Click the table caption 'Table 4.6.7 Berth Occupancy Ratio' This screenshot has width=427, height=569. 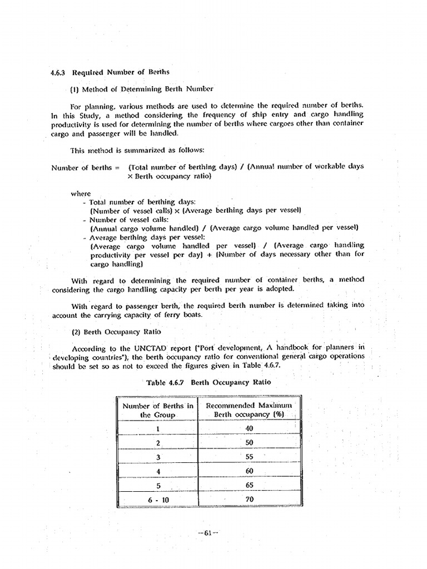(x=208, y=382)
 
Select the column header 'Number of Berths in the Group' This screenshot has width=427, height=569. (x=158, y=410)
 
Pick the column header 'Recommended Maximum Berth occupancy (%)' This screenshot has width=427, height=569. (x=249, y=410)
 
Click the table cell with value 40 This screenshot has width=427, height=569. (x=249, y=428)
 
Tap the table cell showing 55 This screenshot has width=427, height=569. (x=249, y=456)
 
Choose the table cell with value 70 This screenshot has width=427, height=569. (x=249, y=499)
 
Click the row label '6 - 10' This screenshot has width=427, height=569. (x=158, y=500)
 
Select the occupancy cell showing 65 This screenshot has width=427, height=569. (x=249, y=485)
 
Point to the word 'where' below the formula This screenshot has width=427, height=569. (x=81, y=193)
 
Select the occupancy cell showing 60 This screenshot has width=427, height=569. (x=249, y=471)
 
